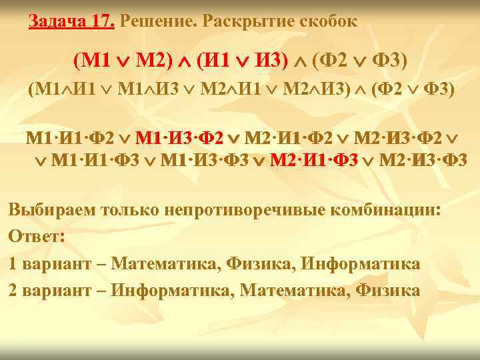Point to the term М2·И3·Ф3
(x=424, y=160)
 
